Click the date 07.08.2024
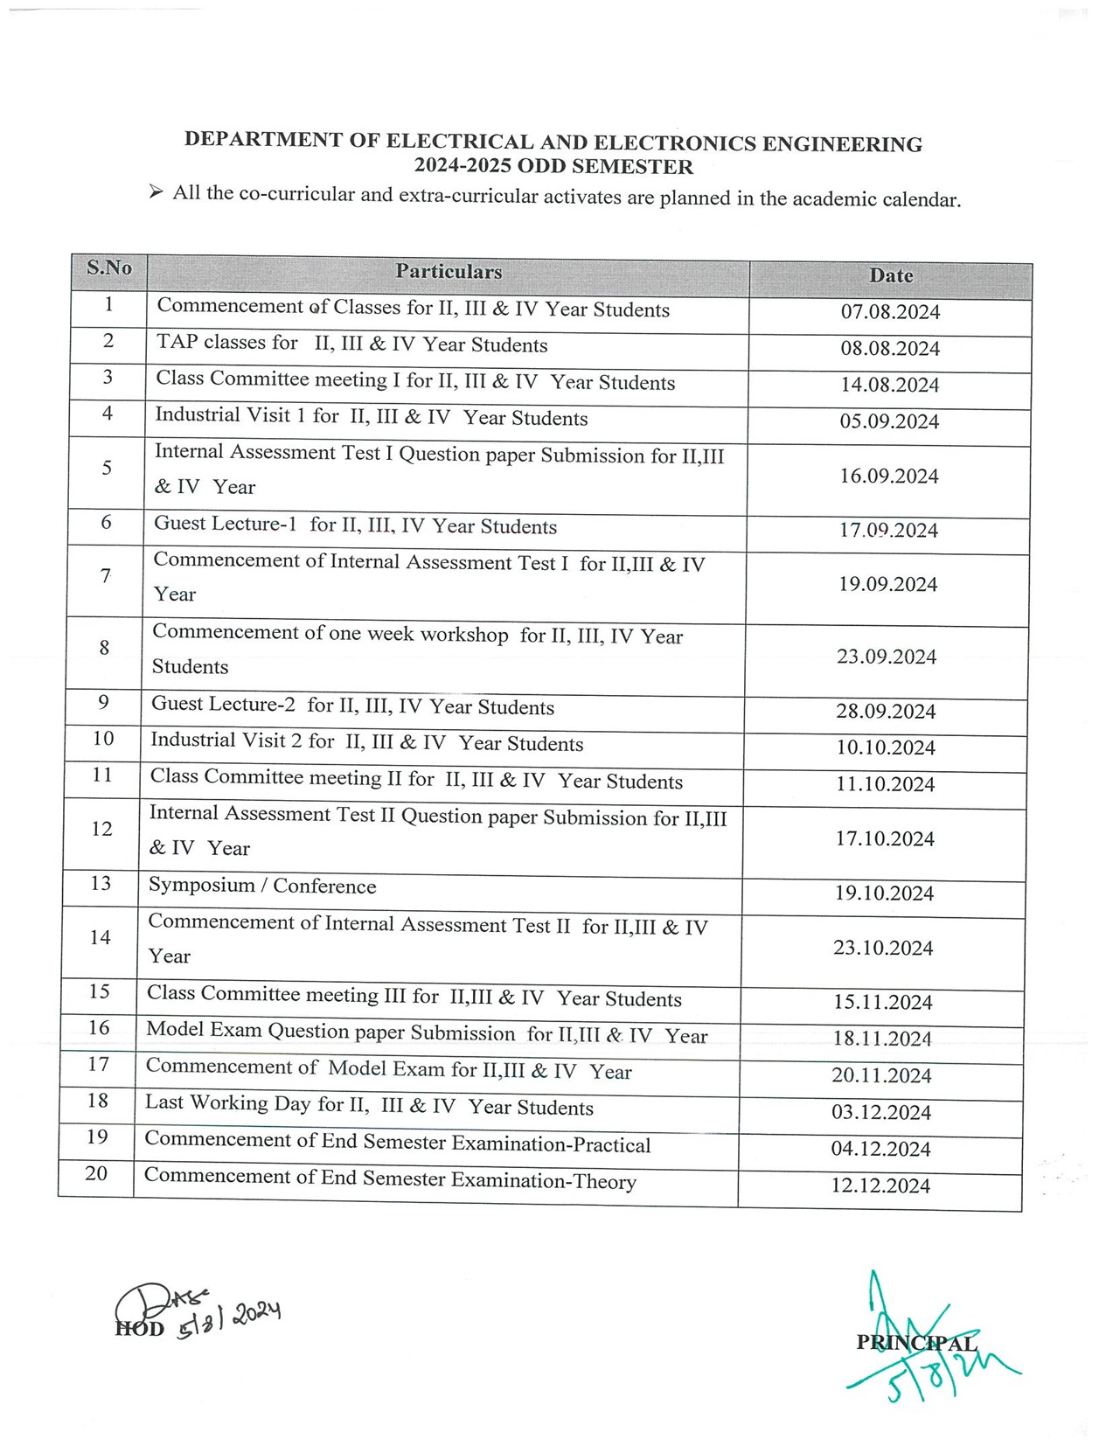890,312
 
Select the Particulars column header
449,272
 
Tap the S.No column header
109,268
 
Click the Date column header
891,276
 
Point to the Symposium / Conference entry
262,886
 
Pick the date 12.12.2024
880,1186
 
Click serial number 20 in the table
96,1173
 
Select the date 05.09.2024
889,421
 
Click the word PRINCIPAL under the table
916,1343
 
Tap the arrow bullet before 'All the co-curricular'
156,191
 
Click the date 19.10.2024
884,893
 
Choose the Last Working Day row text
369,1106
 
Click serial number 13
101,883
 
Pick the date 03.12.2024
881,1113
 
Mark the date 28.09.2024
886,712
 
